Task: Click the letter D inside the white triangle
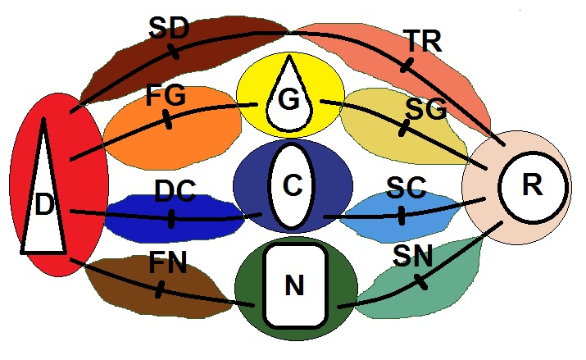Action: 43,204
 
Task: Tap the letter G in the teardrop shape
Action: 288,100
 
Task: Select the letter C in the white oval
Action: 292,186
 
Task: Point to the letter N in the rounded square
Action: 294,285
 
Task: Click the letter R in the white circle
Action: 532,185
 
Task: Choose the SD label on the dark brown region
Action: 169,29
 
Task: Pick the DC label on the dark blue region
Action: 175,192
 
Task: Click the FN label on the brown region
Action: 168,263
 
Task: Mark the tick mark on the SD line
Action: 174,52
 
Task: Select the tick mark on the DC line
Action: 170,219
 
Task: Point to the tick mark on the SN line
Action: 420,281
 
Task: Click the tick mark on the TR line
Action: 403,64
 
